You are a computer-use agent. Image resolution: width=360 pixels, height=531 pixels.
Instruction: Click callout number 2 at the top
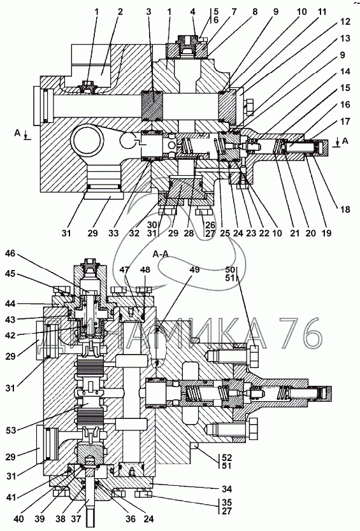click(120, 12)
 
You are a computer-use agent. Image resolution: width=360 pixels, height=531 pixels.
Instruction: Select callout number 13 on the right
click(345, 38)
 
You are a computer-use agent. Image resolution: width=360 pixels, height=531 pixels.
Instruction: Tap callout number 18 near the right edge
click(345, 209)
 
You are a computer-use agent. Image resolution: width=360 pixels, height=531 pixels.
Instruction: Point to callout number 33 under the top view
click(113, 233)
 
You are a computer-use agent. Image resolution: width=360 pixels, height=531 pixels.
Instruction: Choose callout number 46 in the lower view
click(10, 253)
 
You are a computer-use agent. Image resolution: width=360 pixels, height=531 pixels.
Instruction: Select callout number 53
click(11, 430)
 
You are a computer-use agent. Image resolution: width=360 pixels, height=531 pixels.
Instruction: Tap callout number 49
click(194, 269)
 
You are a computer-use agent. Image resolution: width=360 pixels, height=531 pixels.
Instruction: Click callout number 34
click(226, 489)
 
